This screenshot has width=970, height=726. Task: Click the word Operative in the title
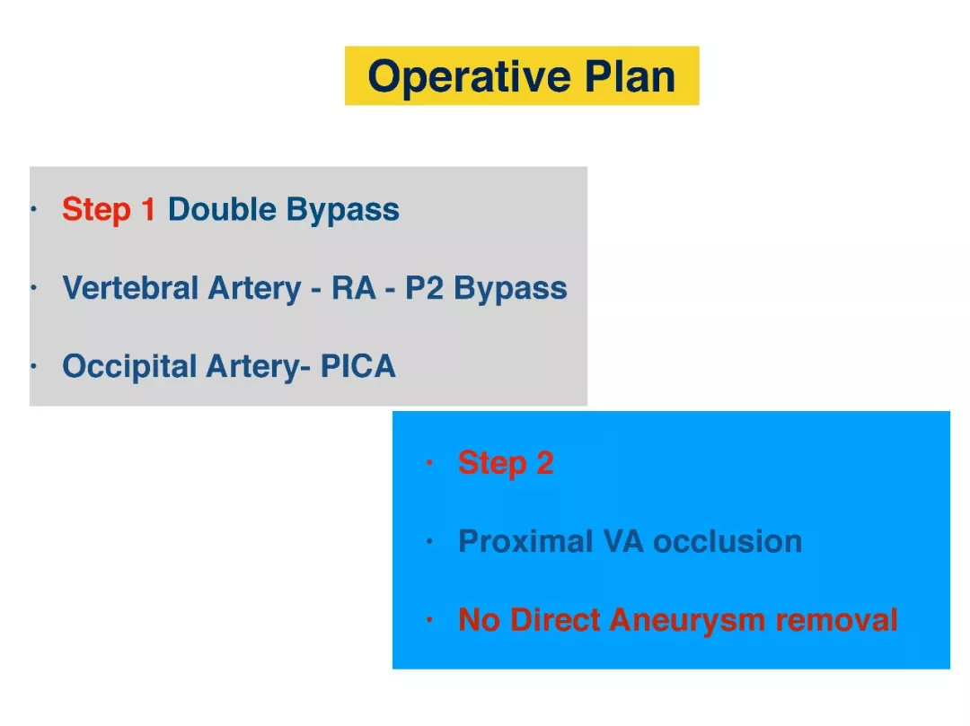coord(469,77)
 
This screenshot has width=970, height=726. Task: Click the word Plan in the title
coord(630,76)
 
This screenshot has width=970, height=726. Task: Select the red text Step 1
coord(109,209)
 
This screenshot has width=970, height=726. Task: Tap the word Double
coord(222,209)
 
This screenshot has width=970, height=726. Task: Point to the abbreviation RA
coord(353,287)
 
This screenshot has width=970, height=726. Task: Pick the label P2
coord(424,287)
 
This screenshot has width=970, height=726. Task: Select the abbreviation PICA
coord(357,366)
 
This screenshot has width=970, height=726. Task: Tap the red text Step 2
coord(506,463)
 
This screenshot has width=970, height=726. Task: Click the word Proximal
coord(525,541)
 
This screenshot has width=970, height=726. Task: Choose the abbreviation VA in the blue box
coord(624,541)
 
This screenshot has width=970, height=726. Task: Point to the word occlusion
coord(727,541)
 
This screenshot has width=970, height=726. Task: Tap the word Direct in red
coord(556,620)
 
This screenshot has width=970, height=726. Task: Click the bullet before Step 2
coord(429,463)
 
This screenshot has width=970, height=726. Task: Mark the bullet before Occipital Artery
coord(34,366)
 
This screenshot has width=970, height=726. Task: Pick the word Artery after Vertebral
coord(254,289)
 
